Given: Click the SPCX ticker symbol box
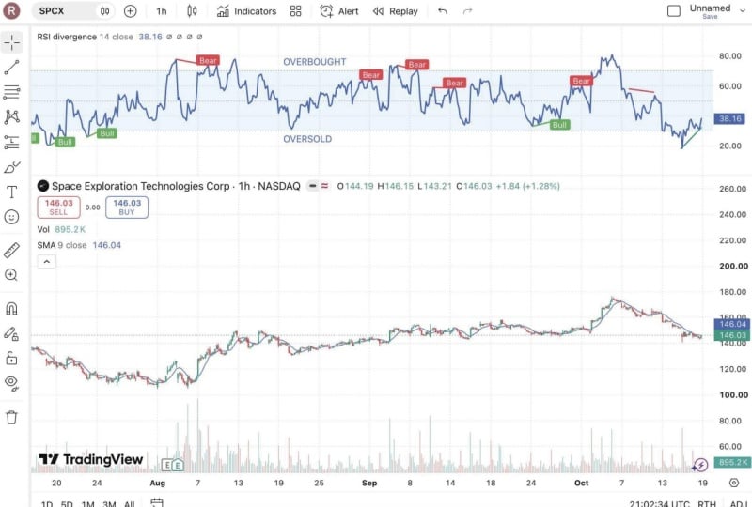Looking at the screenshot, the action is point(73,11).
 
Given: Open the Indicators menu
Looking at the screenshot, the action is point(246,11).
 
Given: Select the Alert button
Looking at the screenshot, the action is point(339,11).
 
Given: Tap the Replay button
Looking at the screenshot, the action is point(396,11).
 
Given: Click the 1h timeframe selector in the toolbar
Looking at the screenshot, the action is point(162,11).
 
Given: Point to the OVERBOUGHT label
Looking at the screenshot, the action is point(315,62).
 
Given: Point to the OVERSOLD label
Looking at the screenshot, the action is point(307,139).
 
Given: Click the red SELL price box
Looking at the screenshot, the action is point(58,207).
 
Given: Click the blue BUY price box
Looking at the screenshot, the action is point(127,207).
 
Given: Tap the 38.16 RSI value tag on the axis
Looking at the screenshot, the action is point(729,118).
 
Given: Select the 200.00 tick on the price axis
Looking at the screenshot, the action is point(733,266).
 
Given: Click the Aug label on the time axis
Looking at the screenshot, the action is point(157,483).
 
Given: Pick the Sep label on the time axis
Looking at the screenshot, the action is point(369,483).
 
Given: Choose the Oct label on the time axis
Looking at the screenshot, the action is point(581,483).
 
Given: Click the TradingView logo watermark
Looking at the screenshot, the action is point(91,459).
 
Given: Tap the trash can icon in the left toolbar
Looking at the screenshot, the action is point(11,417).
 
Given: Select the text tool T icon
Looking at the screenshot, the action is point(11,192).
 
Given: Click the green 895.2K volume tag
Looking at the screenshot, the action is point(732,462).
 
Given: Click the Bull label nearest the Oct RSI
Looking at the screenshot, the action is point(559,125).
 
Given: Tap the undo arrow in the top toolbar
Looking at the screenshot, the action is point(443,11).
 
